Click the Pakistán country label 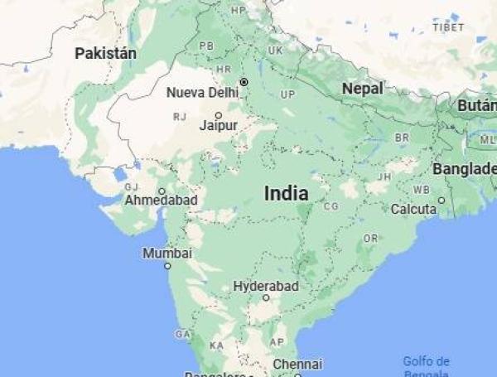click(105, 53)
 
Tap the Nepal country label click(363, 88)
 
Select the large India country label click(286, 193)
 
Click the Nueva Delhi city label click(202, 92)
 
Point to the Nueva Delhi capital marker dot click(244, 82)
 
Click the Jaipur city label click(219, 126)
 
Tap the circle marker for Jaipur click(219, 115)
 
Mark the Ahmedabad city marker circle click(162, 191)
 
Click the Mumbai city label click(166, 253)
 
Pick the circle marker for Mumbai click(167, 266)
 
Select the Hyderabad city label click(265, 286)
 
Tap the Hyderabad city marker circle click(266, 297)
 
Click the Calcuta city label click(413, 209)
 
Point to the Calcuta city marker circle click(442, 200)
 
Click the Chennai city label click(297, 364)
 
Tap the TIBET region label click(447, 27)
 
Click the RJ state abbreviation click(180, 117)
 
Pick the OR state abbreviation click(370, 238)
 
